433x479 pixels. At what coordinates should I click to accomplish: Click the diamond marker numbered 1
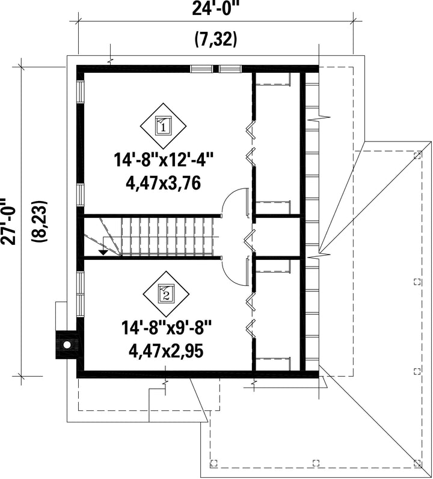click(164, 126)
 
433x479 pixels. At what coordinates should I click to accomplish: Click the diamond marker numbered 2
click(166, 294)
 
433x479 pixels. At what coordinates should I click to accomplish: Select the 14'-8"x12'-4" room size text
click(163, 160)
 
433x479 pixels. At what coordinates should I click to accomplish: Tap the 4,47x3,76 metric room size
click(163, 184)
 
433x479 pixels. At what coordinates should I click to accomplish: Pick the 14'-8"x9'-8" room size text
click(166, 328)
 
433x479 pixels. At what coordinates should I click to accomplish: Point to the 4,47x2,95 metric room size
click(166, 351)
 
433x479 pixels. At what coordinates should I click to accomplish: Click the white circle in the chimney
click(67, 345)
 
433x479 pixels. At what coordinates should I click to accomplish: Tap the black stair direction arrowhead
click(103, 252)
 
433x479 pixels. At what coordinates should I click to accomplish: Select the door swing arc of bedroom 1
click(235, 202)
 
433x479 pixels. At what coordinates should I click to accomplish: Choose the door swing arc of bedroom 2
click(235, 273)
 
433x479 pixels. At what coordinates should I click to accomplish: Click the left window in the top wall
click(201, 69)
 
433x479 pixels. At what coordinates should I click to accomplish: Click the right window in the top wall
click(230, 69)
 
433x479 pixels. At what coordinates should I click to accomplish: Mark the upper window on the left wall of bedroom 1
click(80, 91)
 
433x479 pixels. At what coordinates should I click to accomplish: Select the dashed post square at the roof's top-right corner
click(417, 155)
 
